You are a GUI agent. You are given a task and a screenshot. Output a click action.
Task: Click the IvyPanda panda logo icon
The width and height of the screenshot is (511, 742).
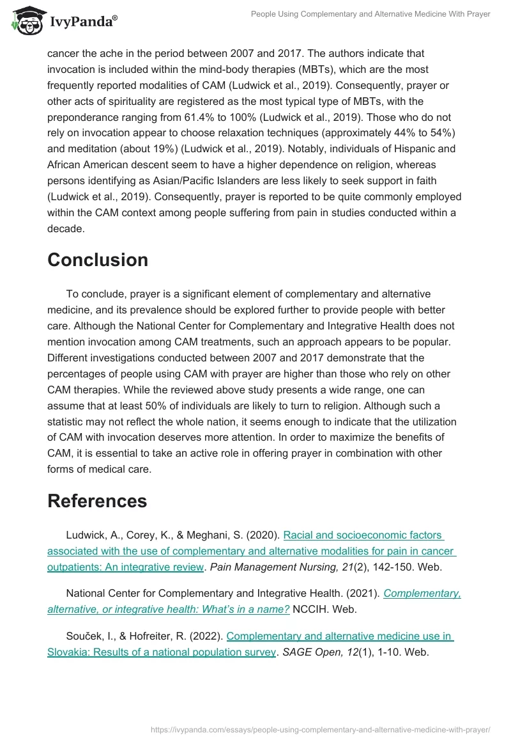point(26,22)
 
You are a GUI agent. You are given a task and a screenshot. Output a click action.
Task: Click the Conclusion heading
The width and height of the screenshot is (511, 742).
point(98,260)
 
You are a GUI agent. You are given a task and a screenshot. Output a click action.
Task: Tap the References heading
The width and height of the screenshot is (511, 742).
point(97,501)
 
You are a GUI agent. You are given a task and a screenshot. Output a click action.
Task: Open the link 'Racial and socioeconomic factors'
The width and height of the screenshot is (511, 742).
point(363,535)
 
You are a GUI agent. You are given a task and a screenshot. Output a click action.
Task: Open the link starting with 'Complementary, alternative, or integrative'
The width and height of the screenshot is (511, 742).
point(422,593)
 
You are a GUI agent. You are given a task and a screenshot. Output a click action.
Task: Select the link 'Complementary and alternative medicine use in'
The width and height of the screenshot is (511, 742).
point(340,636)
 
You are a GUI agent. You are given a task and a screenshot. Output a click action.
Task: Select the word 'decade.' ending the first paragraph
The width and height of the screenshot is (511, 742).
point(66,229)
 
